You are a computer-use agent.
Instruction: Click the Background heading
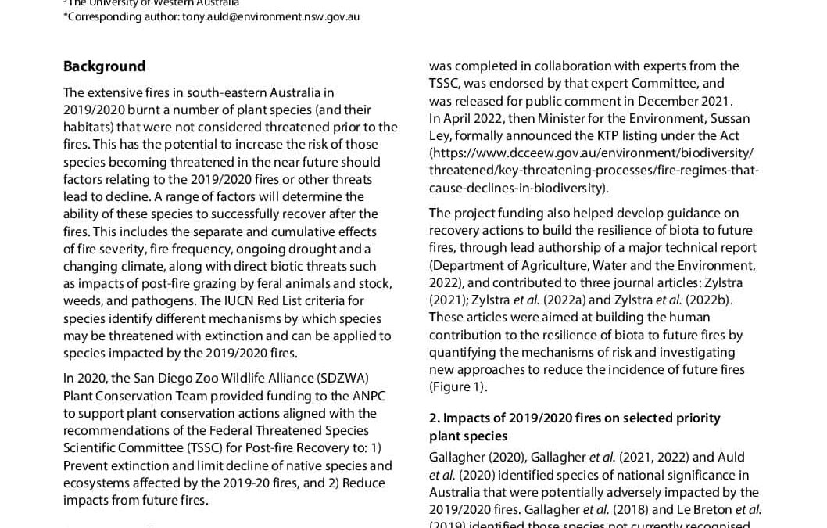click(x=104, y=66)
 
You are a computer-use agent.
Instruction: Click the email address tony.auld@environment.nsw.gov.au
click(x=270, y=16)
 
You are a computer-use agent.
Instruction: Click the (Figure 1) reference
click(x=458, y=386)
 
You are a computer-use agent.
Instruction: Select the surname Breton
click(x=707, y=509)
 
